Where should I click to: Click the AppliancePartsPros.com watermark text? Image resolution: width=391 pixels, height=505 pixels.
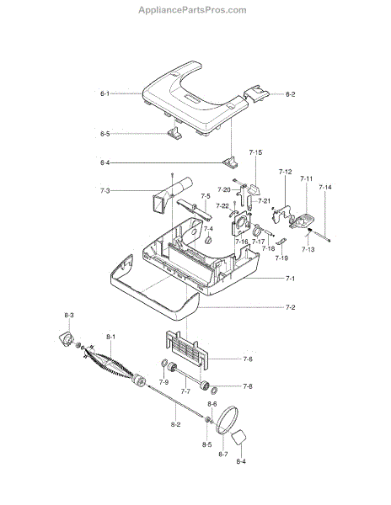(x=192, y=10)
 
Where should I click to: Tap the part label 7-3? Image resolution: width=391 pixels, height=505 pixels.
(x=104, y=191)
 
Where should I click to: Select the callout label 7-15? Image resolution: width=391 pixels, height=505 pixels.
(x=255, y=152)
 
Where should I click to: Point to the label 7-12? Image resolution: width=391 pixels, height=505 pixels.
(x=286, y=172)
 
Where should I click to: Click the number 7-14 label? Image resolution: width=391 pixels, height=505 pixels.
(x=325, y=187)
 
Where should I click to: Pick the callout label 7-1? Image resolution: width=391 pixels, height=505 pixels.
(x=290, y=279)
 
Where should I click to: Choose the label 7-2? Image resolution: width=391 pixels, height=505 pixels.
(x=290, y=307)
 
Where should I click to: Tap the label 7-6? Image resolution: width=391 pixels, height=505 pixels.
(x=248, y=359)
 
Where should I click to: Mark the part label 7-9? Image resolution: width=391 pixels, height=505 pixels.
(x=163, y=382)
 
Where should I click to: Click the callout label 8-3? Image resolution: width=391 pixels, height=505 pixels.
(x=68, y=315)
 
